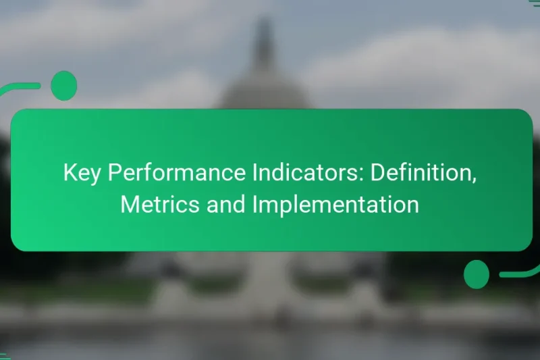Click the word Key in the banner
point(82,174)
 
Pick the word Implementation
point(335,205)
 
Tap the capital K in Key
point(70,174)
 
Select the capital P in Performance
point(113,174)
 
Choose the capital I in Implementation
point(255,205)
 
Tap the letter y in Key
point(96,177)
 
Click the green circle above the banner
point(64,86)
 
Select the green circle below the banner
point(477,274)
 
